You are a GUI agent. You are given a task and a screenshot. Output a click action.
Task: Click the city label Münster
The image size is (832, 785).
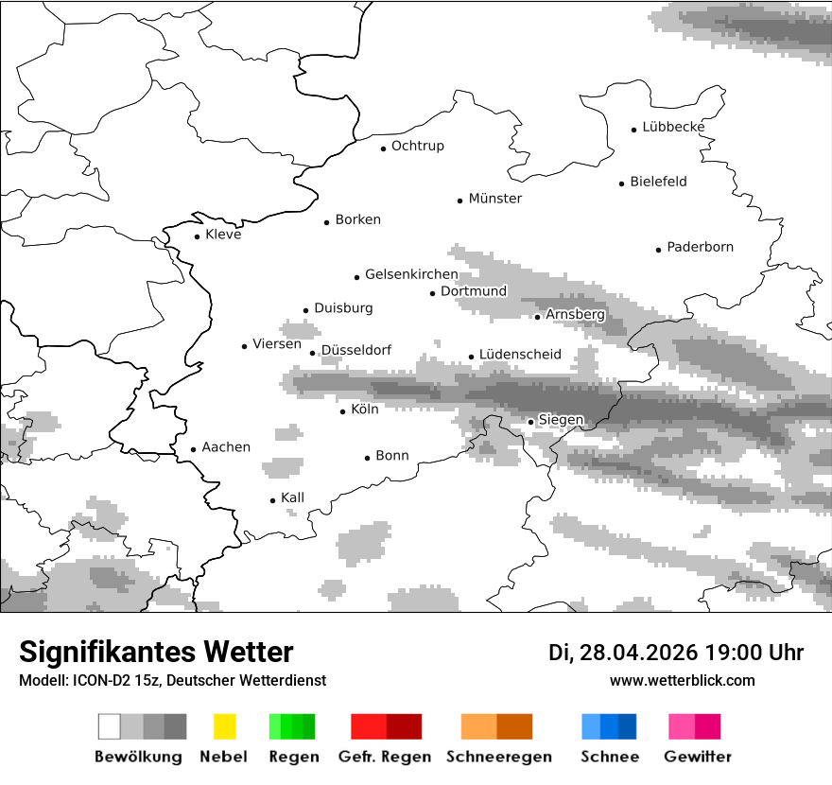tap(494, 199)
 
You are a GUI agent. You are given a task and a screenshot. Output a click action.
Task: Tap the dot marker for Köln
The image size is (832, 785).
tap(343, 411)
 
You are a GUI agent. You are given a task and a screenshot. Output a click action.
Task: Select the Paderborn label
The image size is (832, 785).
tap(700, 248)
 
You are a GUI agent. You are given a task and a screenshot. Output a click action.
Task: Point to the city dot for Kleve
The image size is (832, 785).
tap(198, 236)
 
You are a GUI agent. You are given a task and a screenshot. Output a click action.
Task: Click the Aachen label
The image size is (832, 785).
tap(226, 447)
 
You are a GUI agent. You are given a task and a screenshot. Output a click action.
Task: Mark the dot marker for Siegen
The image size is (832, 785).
tap(531, 422)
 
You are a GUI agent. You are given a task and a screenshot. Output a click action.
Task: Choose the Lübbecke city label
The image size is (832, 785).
tap(673, 127)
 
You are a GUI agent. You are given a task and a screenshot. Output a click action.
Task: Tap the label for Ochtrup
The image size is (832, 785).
tap(417, 147)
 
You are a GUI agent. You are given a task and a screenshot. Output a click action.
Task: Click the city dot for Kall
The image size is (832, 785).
tap(273, 500)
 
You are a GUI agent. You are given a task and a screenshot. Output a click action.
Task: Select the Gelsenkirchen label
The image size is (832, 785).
tap(411, 275)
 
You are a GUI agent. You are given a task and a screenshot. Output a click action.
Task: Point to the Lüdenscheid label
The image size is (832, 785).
tap(520, 355)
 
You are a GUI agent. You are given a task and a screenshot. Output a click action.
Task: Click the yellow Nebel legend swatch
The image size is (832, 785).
tap(224, 726)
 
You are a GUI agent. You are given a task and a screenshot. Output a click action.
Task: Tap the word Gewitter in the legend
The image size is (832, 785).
tap(697, 757)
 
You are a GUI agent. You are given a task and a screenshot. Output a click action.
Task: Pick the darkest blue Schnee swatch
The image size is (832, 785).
tap(628, 726)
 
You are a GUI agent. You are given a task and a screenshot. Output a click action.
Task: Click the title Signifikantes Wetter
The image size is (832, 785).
tap(156, 652)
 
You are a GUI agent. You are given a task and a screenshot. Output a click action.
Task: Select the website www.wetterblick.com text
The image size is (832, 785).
tap(682, 680)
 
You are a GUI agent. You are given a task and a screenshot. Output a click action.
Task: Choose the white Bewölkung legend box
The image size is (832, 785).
tap(110, 726)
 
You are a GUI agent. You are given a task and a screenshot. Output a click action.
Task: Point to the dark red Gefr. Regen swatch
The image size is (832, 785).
tap(404, 726)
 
